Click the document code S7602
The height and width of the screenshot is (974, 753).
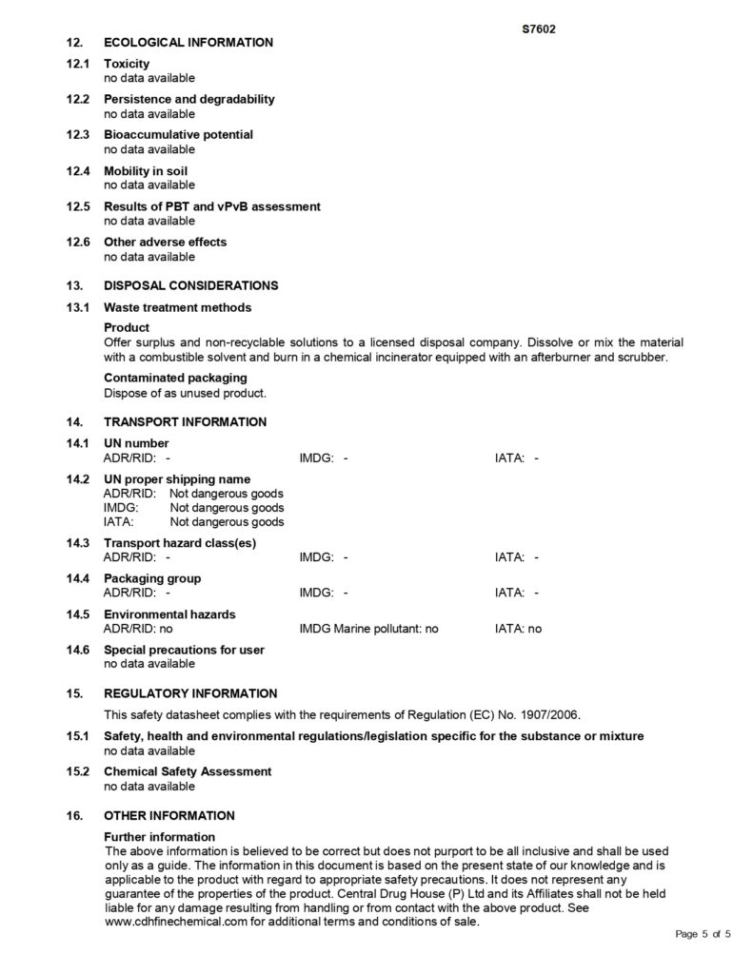[x=539, y=29]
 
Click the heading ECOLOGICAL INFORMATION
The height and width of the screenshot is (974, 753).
[x=188, y=42]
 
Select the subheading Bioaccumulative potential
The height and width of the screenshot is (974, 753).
[x=178, y=135]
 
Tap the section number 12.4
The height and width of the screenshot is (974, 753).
[x=77, y=171]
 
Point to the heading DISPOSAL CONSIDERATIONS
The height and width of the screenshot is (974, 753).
[x=190, y=284]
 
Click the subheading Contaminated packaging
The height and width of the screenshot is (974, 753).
[x=175, y=378]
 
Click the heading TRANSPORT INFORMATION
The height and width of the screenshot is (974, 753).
[x=185, y=421]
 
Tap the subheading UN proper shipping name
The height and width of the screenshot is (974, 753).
[x=177, y=479]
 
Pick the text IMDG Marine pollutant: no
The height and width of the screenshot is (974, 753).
[x=368, y=629]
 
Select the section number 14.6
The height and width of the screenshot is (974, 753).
[x=77, y=650]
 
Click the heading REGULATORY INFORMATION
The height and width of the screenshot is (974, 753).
[x=190, y=693]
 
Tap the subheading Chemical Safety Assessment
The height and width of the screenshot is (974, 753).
[x=188, y=771]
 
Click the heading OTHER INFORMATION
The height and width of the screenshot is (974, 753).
[x=168, y=815]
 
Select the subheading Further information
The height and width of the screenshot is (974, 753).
[x=159, y=837]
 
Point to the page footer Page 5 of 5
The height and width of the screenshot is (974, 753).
[x=703, y=934]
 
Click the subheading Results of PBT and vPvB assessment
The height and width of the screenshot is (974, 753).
[x=211, y=206]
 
